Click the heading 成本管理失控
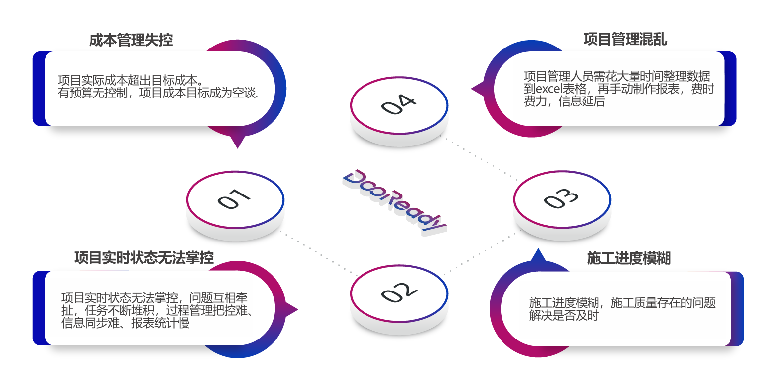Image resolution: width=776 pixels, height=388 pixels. (x=131, y=40)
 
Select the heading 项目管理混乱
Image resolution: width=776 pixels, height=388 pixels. (x=625, y=39)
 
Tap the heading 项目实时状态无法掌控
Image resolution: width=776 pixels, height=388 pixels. (x=144, y=258)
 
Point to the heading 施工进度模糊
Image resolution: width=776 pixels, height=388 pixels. (x=629, y=258)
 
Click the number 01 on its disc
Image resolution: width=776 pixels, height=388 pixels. (x=234, y=199)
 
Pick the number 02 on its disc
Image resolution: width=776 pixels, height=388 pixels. (x=399, y=292)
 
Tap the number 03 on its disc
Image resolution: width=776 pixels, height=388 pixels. (x=561, y=198)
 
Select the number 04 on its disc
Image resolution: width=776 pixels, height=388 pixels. (x=398, y=104)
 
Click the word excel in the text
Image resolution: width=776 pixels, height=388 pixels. (x=549, y=89)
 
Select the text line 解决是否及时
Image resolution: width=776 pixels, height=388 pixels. (x=564, y=316)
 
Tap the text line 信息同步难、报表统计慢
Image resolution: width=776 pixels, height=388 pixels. (x=125, y=323)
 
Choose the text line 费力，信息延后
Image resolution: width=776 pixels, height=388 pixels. (x=564, y=101)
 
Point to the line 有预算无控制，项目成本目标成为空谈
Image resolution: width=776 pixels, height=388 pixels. (x=159, y=93)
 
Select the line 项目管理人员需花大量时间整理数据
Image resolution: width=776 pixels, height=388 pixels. (x=617, y=76)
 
